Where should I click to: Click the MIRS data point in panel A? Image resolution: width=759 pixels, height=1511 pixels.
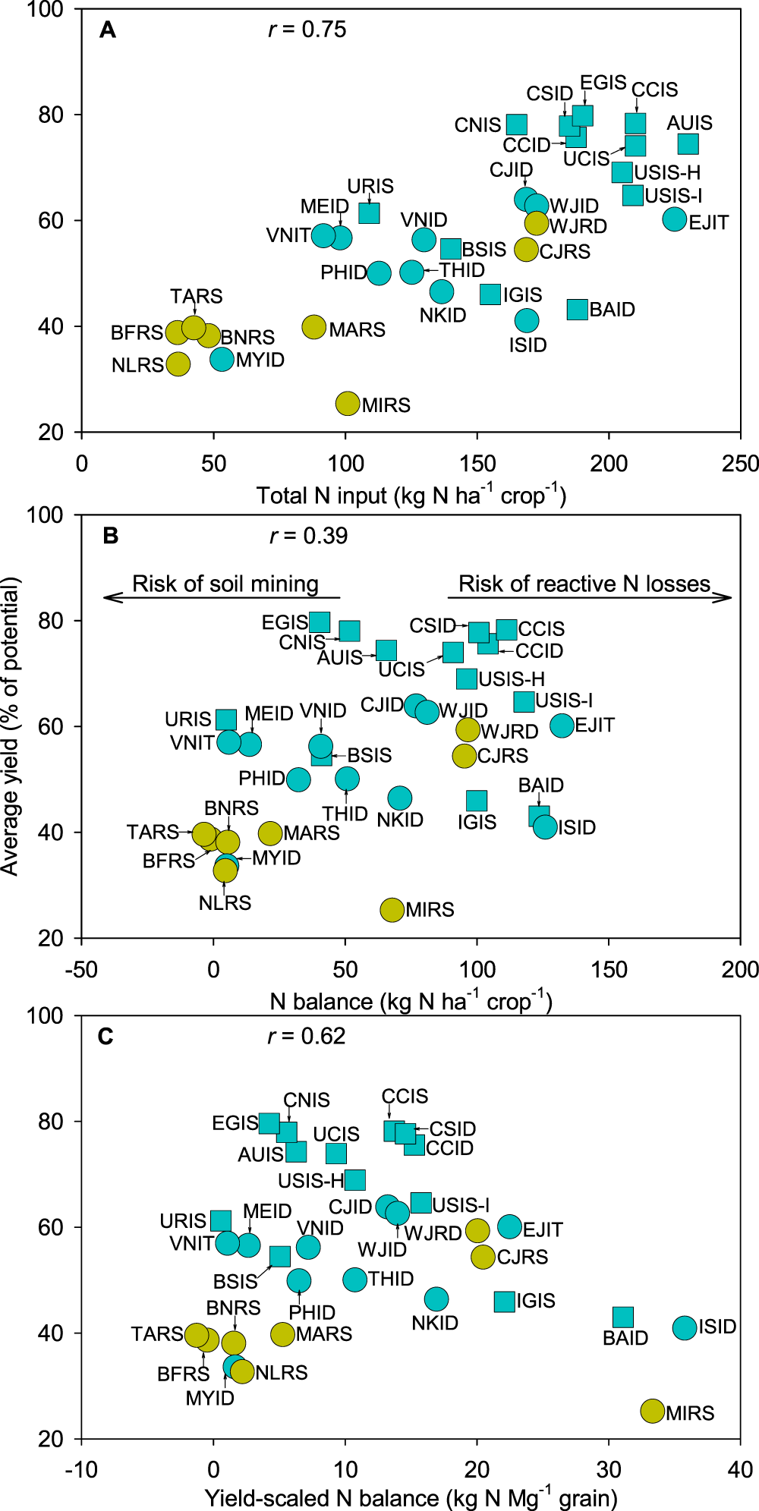(x=348, y=404)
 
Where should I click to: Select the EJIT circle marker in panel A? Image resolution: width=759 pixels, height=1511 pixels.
(x=675, y=219)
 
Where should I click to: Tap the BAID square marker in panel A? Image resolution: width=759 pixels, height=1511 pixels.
(x=578, y=309)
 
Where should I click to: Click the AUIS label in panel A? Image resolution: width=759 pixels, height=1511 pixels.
(x=689, y=123)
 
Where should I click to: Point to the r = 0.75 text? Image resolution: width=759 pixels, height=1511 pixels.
(x=307, y=30)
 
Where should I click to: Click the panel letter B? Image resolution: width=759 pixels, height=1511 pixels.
(x=110, y=536)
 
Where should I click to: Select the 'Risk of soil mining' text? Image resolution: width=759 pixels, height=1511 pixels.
(x=225, y=584)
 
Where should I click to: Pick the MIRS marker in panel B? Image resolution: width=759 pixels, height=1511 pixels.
(x=392, y=909)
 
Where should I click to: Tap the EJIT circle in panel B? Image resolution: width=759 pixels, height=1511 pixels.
(x=562, y=726)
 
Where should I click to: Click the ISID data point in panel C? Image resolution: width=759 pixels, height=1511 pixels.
(x=685, y=1327)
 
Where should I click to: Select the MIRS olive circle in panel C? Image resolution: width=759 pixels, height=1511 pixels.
(x=653, y=1411)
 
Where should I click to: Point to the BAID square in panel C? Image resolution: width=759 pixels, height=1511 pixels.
(x=623, y=1317)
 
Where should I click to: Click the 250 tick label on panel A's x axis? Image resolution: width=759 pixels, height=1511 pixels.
(x=740, y=464)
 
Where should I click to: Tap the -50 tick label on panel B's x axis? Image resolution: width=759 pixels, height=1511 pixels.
(x=81, y=969)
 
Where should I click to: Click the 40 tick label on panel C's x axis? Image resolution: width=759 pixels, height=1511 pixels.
(x=740, y=1469)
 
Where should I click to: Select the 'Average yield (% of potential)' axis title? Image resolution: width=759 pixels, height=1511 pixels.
(x=11, y=726)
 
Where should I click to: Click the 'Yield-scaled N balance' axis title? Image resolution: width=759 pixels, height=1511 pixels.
(x=411, y=1498)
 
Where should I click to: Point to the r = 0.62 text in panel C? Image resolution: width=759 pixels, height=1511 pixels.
(x=307, y=1036)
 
